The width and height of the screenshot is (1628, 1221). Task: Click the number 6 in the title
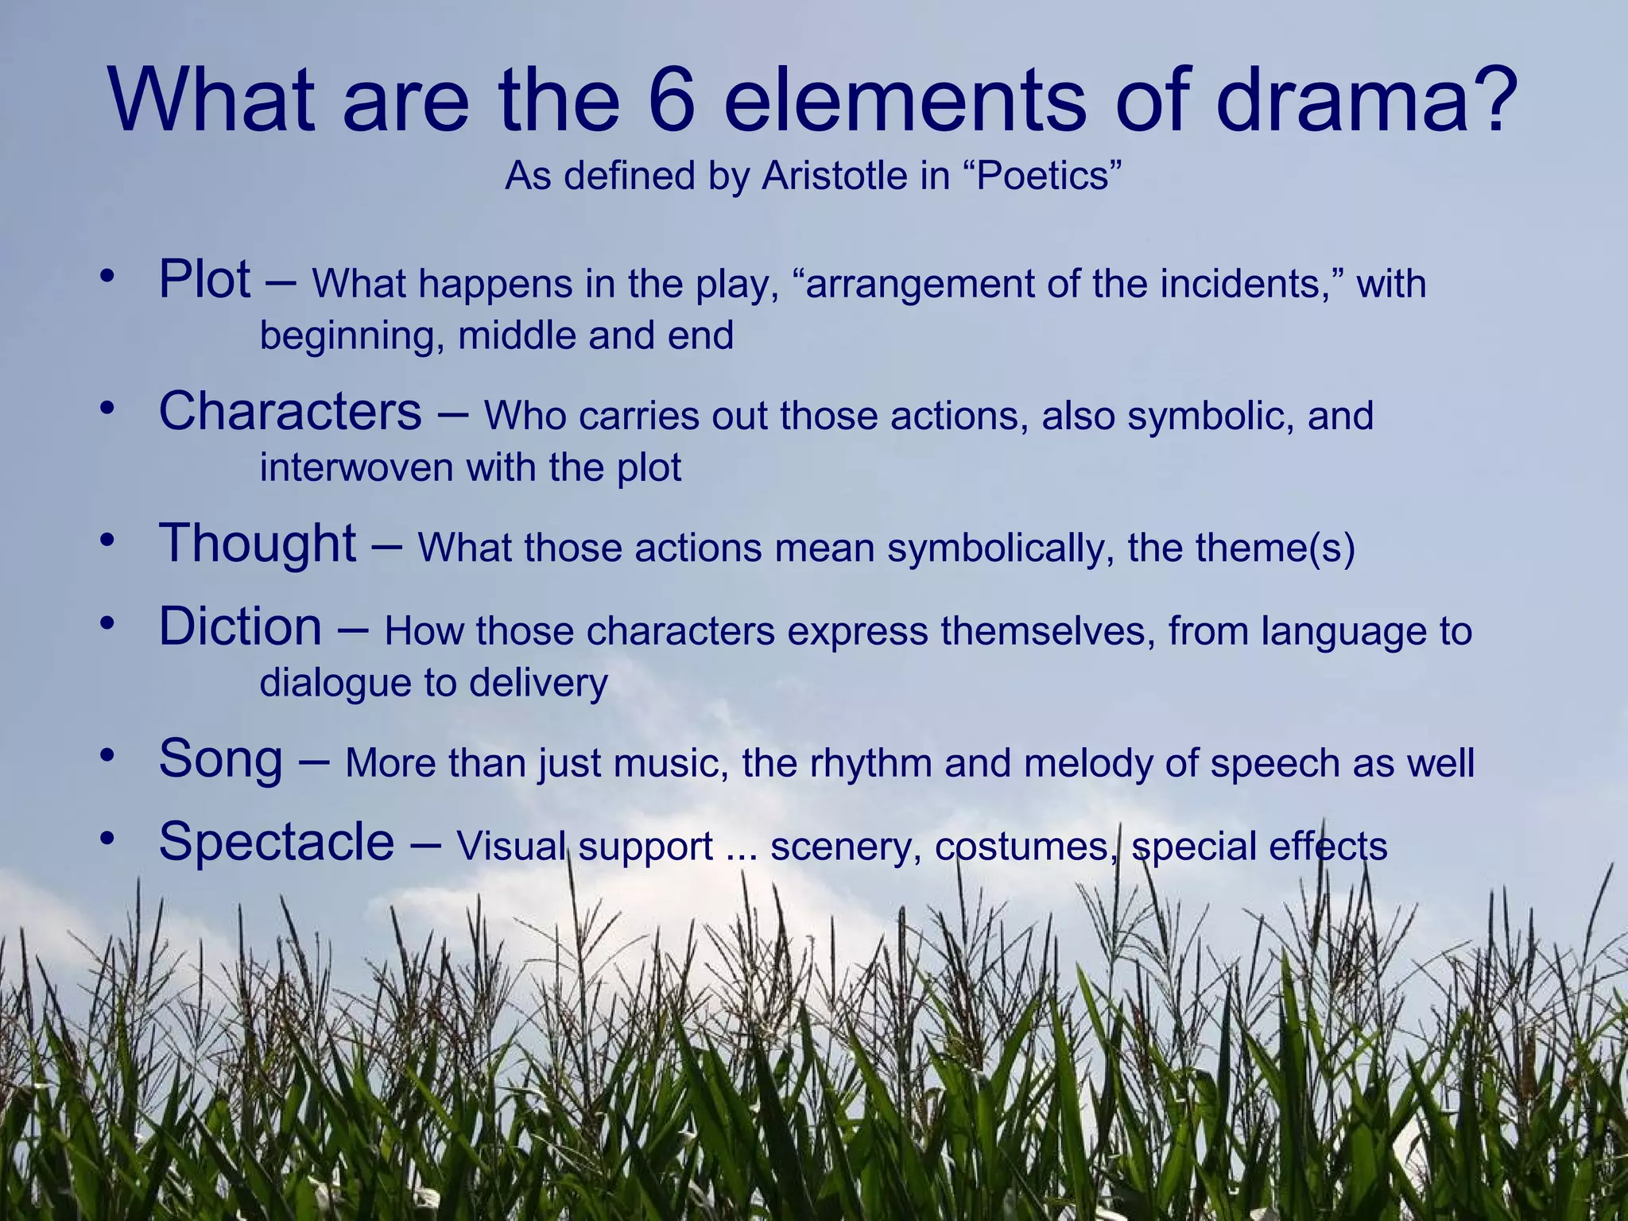[x=672, y=102]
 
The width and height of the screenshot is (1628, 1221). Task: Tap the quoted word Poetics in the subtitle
[x=1042, y=176]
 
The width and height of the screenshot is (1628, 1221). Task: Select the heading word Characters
[x=290, y=412]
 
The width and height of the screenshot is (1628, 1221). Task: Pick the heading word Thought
[x=258, y=543]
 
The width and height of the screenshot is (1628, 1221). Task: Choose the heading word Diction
[x=240, y=626]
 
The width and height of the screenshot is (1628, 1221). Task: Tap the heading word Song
[x=220, y=758]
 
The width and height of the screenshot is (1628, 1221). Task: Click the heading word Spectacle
[x=276, y=841]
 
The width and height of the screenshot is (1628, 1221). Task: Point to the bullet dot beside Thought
[x=108, y=541]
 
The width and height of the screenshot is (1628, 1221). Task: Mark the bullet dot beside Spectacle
[x=108, y=839]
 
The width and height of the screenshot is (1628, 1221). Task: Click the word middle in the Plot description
[x=516, y=335]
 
